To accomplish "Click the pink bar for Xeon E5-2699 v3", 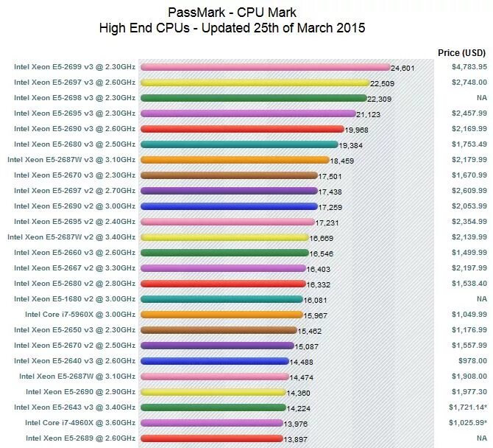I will [265, 67].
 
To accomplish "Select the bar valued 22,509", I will [255, 83].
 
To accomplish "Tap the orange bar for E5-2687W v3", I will [234, 160].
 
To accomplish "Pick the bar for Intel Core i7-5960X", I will [220, 315].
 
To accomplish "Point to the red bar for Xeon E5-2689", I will [212, 438].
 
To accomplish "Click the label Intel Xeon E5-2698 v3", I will [74, 98].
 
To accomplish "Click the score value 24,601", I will [403, 68].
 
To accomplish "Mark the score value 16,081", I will [316, 300].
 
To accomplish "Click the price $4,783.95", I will [469, 67].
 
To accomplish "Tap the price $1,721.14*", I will [469, 407].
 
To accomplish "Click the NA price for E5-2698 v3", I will [481, 98].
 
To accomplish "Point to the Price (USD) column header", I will [461, 53].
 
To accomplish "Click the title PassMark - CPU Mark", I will [232, 12].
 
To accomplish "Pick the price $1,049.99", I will [469, 315].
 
